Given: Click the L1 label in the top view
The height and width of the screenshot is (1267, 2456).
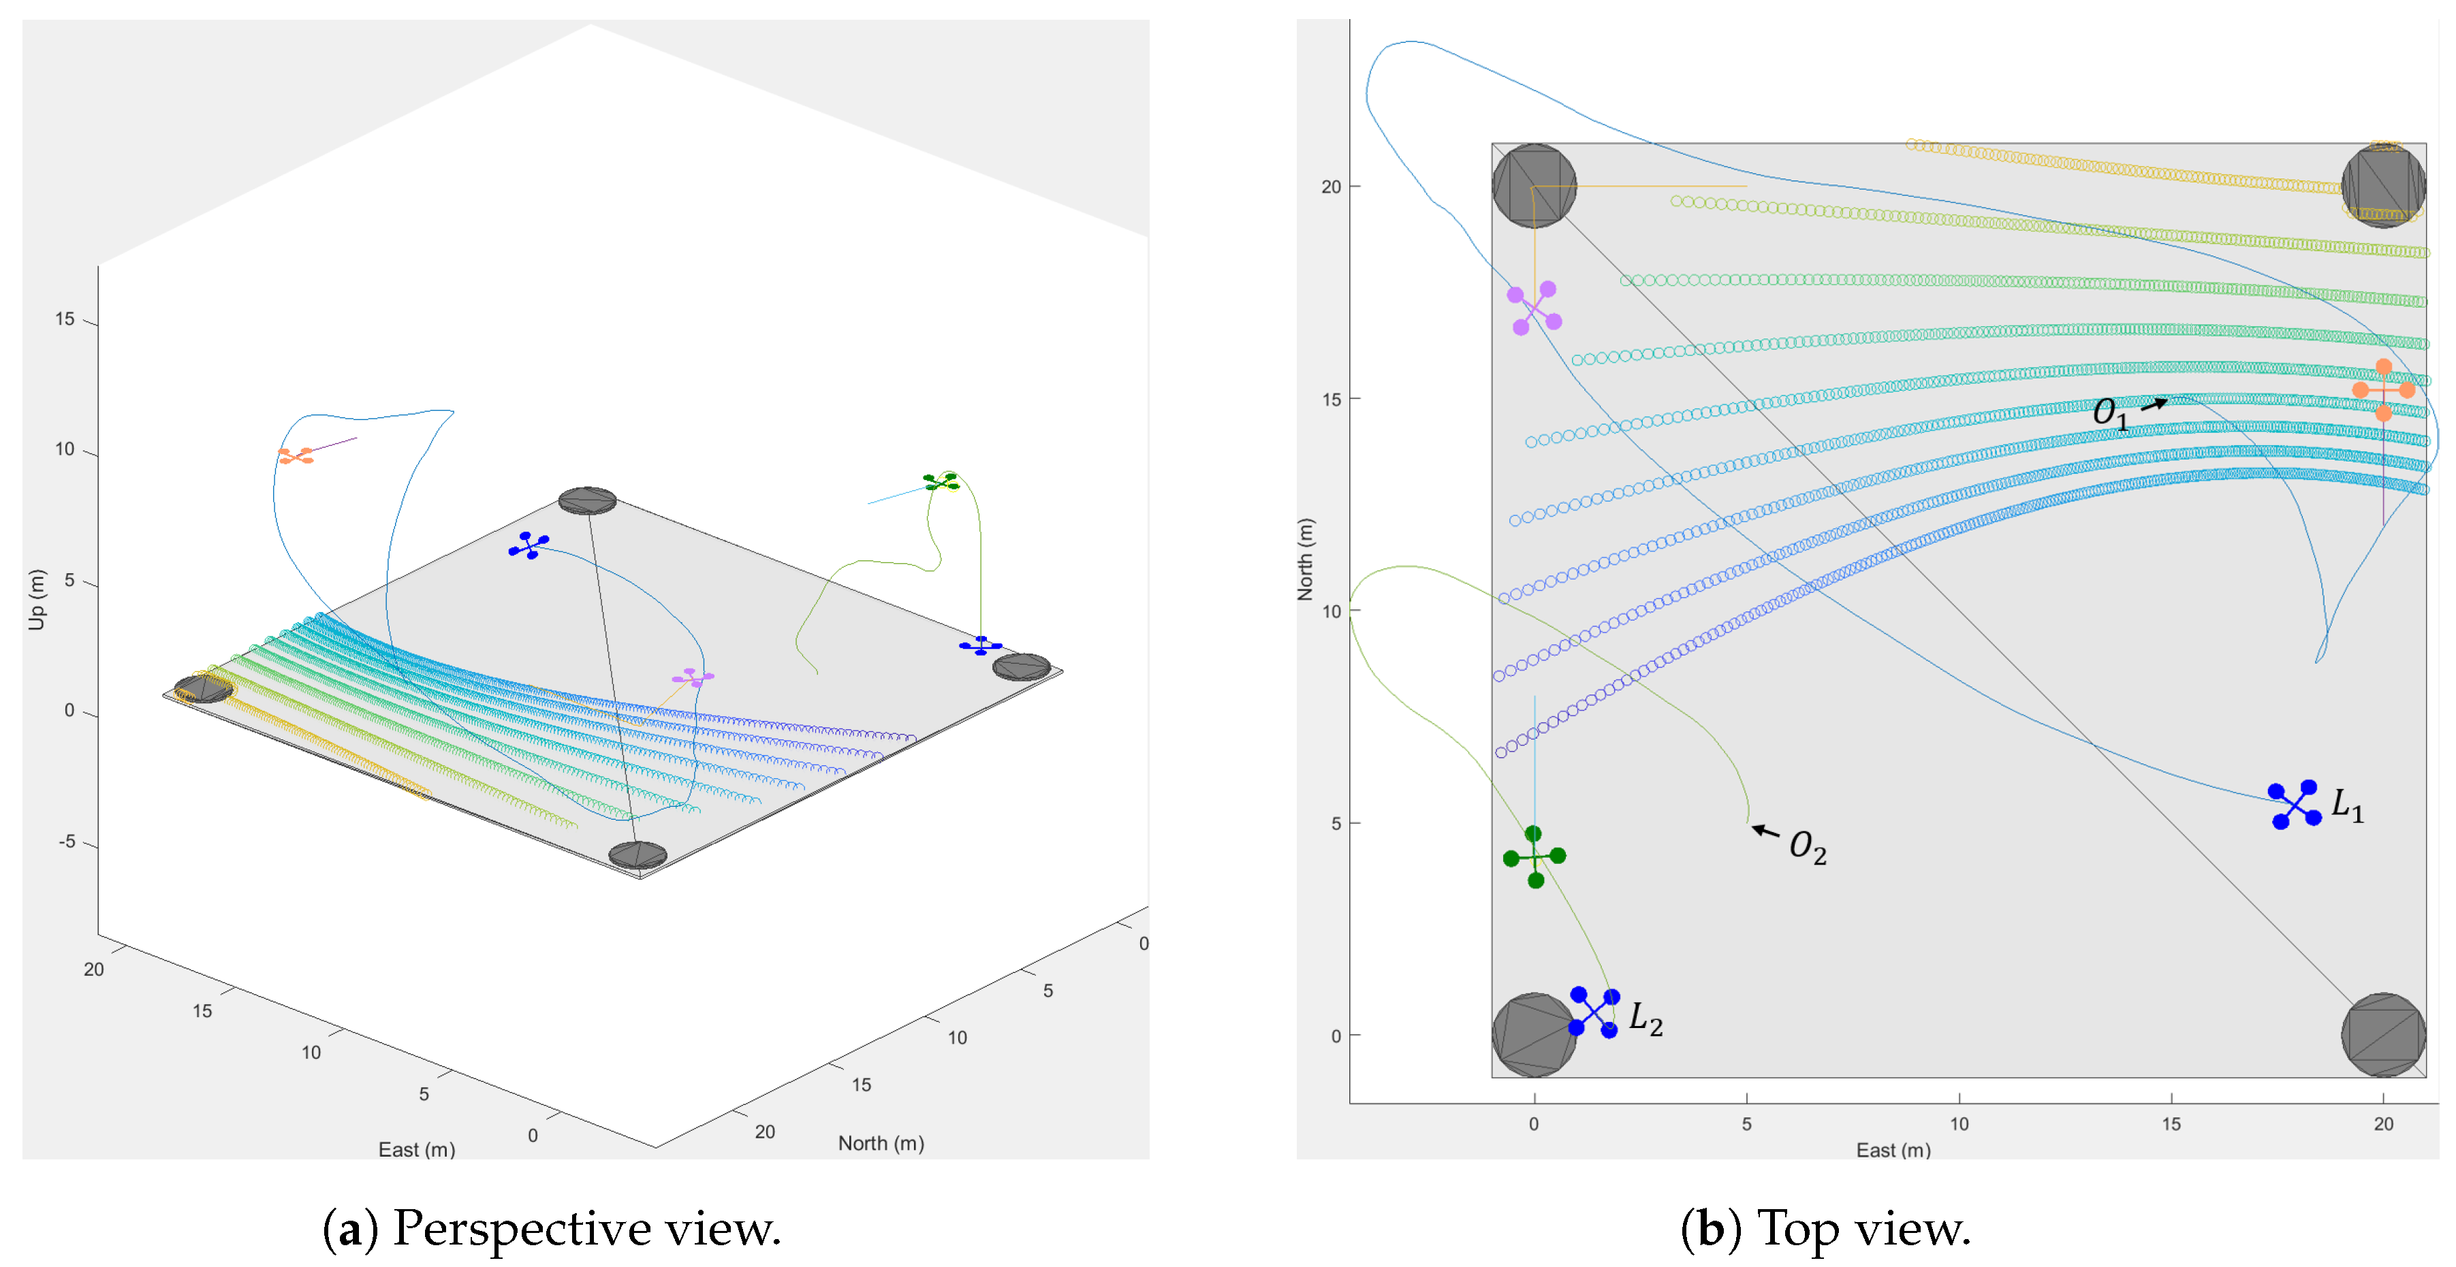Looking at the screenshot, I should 2347,805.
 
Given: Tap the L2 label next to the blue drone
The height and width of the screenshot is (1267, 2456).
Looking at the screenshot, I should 1646,1019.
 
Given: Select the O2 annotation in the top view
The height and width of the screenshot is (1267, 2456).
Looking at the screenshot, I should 1807,846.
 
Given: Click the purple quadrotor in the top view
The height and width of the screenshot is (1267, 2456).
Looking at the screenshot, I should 1534,308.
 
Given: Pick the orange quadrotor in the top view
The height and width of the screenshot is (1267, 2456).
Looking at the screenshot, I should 2382,390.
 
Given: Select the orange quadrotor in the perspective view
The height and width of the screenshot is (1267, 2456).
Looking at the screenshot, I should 296,455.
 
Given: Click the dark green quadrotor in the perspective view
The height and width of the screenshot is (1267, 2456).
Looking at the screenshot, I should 941,483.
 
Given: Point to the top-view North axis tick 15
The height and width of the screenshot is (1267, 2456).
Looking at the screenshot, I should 1331,400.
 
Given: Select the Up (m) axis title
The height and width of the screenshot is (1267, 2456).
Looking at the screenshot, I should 36,600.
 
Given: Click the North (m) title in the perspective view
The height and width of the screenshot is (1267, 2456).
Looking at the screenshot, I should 881,1143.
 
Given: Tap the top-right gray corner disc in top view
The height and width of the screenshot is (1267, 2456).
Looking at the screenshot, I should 2382,186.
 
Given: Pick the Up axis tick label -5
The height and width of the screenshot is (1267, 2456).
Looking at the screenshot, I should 67,841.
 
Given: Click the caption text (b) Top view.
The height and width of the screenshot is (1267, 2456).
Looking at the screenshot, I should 1825,1229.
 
